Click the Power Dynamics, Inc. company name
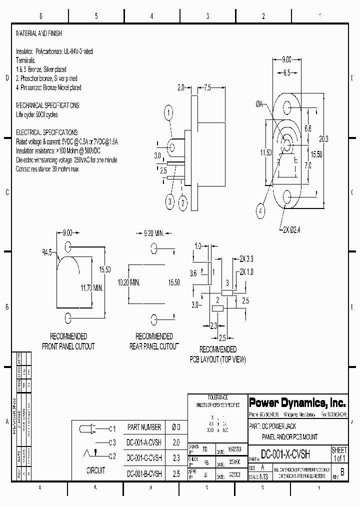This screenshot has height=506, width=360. click(296, 402)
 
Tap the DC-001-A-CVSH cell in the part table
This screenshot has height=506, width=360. click(144, 442)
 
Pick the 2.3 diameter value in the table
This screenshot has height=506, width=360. click(176, 457)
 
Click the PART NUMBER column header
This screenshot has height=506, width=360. click(144, 427)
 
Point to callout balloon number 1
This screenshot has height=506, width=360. click(169, 111)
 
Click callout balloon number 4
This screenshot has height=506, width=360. click(260, 211)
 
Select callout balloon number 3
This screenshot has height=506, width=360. click(170, 201)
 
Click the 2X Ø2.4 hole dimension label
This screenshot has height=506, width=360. click(292, 230)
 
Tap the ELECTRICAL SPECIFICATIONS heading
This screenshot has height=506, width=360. click(47, 132)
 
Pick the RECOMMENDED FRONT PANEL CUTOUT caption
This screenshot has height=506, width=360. click(68, 341)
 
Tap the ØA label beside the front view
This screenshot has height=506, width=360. click(259, 104)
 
